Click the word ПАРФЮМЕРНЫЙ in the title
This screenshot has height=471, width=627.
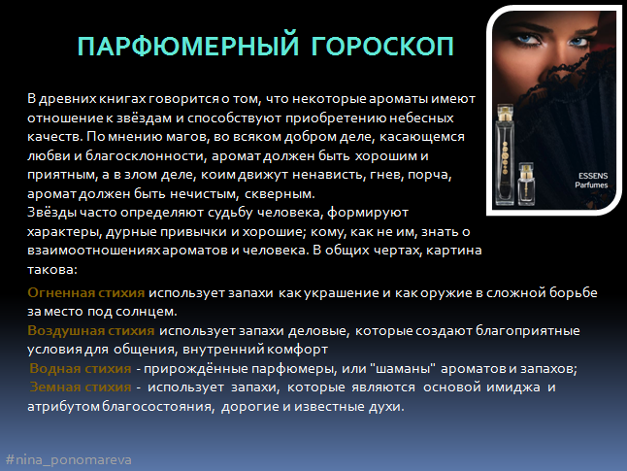(188, 45)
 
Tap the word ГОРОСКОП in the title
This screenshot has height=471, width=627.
(382, 46)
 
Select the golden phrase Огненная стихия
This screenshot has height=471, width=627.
(86, 292)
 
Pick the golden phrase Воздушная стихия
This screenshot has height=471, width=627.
(91, 330)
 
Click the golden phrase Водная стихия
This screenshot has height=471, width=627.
(81, 368)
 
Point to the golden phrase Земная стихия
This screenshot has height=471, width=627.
(81, 387)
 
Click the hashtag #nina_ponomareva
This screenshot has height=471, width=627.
(68, 459)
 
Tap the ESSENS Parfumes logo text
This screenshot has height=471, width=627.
(592, 181)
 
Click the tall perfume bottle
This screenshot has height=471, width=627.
(505, 154)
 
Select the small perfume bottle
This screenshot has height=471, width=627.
(526, 185)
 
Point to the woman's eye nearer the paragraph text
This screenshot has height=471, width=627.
(529, 39)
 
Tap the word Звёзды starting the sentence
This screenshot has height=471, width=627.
(51, 212)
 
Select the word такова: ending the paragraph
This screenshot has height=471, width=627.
(52, 269)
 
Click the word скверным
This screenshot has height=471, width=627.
(280, 194)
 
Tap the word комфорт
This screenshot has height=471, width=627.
(298, 350)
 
